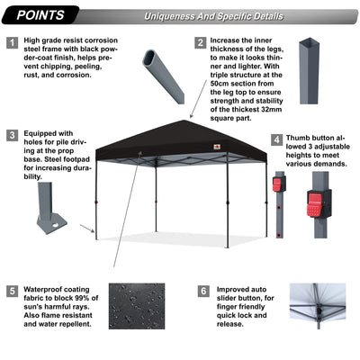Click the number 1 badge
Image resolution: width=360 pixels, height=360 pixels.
click(11, 43)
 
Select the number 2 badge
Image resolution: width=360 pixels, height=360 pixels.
click(200, 43)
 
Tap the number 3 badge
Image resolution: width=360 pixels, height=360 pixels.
click(11, 137)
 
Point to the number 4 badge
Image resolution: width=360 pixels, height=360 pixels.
click(276, 141)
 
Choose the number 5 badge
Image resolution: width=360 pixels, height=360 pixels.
click(11, 292)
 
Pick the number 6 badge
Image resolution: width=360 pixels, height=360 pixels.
click(202, 292)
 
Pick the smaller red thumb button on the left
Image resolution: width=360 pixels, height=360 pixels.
click(278, 186)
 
